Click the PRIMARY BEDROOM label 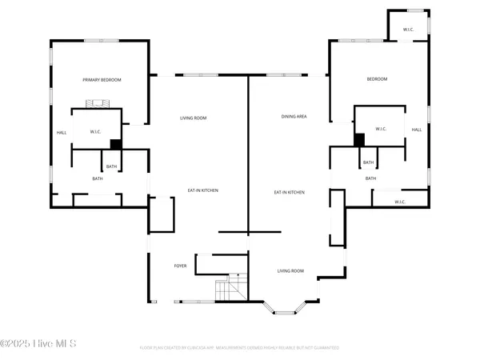click(x=102, y=80)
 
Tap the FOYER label click(x=181, y=266)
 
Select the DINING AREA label click(x=294, y=117)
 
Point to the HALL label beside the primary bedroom click(x=61, y=133)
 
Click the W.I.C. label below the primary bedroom click(x=95, y=132)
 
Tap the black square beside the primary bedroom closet click(x=115, y=144)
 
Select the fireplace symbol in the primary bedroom click(x=98, y=104)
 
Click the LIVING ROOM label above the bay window click(x=290, y=271)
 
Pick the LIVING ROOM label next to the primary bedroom click(x=193, y=118)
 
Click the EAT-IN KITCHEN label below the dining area click(x=289, y=192)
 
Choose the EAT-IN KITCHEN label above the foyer click(x=202, y=190)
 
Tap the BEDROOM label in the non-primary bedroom click(x=377, y=78)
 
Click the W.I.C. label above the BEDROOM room click(x=408, y=30)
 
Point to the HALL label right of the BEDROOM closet click(x=416, y=130)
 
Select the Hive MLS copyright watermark click(x=38, y=344)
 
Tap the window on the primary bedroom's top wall click(x=102, y=40)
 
